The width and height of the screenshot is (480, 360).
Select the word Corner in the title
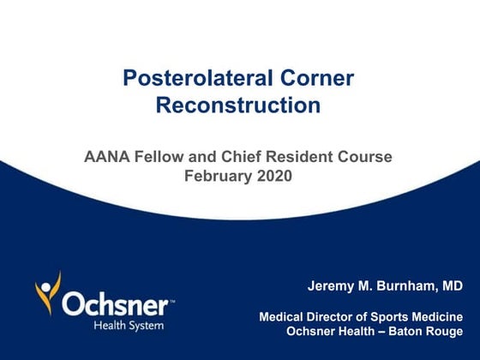[x=318, y=79]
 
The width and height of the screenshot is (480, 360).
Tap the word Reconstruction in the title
[x=238, y=106]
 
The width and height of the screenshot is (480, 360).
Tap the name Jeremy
[x=331, y=285]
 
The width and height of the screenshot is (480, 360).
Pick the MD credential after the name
[x=452, y=285]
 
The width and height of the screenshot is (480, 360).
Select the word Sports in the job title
[x=390, y=317]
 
